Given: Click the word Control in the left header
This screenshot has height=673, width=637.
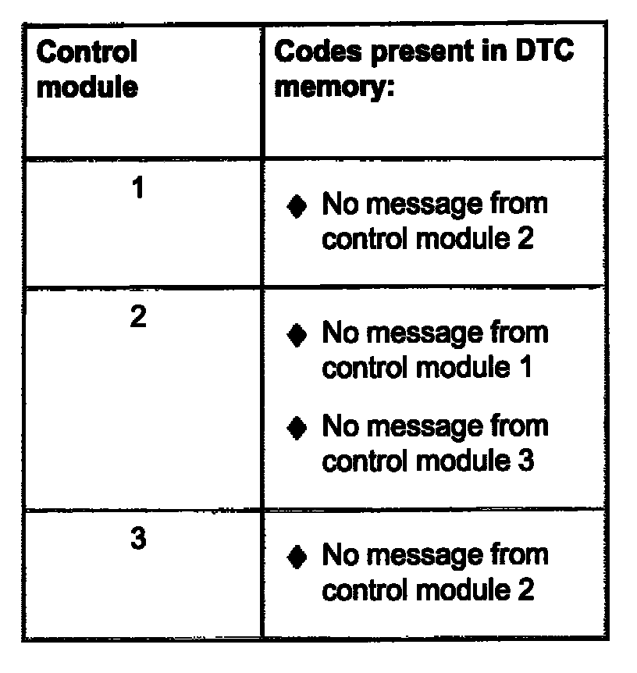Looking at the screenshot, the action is pos(87,52).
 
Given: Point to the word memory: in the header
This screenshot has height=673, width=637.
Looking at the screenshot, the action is pos(333,86).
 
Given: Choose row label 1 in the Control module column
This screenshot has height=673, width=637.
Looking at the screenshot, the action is pos(137,189).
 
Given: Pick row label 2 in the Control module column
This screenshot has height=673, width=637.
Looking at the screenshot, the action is pos(137,318).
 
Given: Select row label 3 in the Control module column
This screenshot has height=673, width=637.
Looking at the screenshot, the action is pos(137,540).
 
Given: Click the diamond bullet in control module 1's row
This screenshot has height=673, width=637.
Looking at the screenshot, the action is pos(296,206).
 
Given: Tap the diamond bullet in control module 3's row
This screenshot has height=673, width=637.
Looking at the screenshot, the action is pos(296,557).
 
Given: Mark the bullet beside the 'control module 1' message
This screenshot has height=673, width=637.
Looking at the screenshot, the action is pos(296,335).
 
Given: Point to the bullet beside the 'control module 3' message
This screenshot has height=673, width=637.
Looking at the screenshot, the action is pos(296,428).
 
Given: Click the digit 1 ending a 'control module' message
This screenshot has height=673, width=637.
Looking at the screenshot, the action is pos(525,367).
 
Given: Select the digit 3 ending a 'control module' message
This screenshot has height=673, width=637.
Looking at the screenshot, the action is pos(525,461).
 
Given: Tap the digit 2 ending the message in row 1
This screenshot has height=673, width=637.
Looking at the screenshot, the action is pos(525,238).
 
